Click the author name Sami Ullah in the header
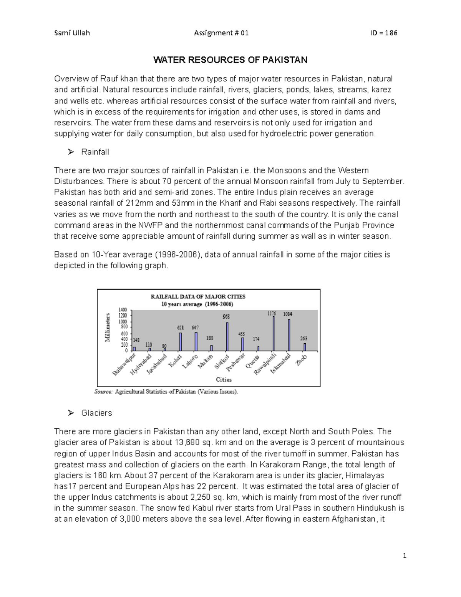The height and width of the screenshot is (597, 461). (x=72, y=33)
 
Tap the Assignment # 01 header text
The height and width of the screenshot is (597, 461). (x=221, y=33)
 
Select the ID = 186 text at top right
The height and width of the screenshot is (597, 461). (x=383, y=33)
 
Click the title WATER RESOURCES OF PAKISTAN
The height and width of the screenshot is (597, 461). (x=230, y=60)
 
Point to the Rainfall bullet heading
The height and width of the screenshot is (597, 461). (x=95, y=152)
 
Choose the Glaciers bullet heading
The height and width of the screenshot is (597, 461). (x=96, y=413)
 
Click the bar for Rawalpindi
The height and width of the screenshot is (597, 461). (x=274, y=333)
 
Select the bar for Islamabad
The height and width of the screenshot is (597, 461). (x=289, y=335)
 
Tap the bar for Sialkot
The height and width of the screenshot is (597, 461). (x=227, y=336)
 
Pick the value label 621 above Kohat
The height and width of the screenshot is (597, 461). (x=180, y=328)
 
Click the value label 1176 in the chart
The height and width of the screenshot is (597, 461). (x=272, y=314)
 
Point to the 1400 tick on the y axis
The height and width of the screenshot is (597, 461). (x=123, y=309)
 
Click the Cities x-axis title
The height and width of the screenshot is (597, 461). (x=224, y=379)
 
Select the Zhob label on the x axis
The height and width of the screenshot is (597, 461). (x=301, y=360)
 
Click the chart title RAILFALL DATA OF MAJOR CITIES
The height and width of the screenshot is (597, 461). (x=198, y=296)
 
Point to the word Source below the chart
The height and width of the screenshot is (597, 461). (x=104, y=392)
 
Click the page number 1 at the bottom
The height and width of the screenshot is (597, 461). (x=404, y=555)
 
